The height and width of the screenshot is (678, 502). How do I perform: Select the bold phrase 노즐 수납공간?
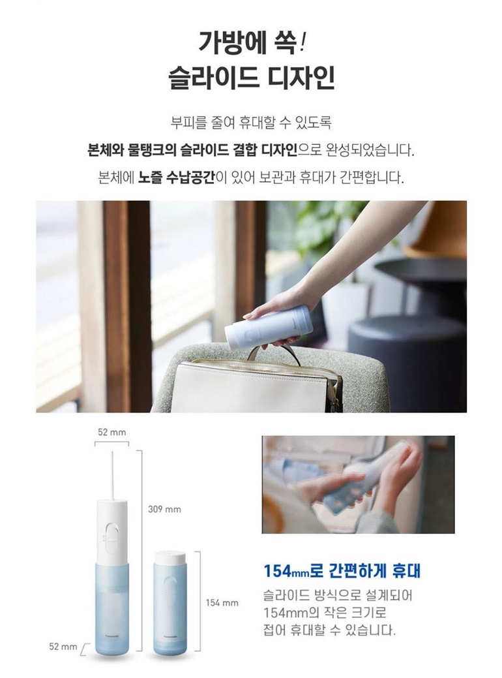pos(176,178)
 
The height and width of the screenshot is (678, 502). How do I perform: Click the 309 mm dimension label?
pos(164,510)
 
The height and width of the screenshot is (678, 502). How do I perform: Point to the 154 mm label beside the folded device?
pos(222,603)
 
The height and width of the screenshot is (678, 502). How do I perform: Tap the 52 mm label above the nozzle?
pos(112,432)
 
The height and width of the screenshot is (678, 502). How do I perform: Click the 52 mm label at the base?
pos(63,647)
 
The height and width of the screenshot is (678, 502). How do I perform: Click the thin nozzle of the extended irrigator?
pos(112,474)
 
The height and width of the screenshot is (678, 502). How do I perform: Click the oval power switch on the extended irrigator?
pos(111,538)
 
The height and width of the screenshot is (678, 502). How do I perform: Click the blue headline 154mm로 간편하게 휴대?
pos(342,571)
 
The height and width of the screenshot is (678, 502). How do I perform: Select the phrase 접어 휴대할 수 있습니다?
pos(329,630)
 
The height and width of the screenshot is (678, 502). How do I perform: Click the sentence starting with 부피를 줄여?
pos(251,123)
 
